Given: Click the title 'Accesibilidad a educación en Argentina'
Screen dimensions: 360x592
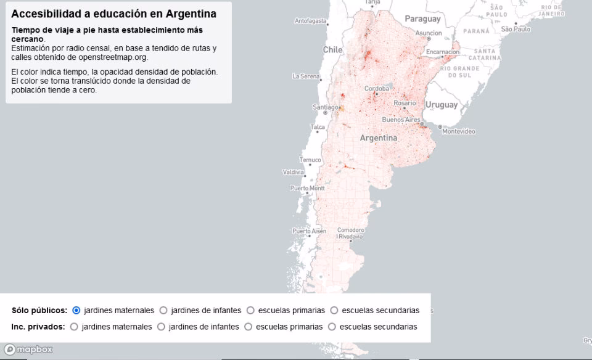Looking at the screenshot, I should tap(113, 14).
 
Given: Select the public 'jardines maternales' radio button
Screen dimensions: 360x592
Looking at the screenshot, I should tap(76, 310).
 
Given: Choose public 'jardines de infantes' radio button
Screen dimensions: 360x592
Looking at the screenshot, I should tap(163, 310).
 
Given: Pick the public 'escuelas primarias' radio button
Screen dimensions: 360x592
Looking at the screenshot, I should tap(250, 310).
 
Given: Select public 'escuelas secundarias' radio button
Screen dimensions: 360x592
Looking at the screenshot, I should tap(334, 310).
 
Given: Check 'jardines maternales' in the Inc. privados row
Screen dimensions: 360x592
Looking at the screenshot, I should tap(74, 327).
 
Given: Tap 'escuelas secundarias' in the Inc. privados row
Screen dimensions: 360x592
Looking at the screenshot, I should tap(332, 327).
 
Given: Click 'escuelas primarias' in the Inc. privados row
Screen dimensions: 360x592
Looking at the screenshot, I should tap(249, 327).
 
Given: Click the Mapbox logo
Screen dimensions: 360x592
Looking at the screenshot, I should tap(28, 350).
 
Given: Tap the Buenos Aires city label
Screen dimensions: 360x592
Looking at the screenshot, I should tap(401, 120).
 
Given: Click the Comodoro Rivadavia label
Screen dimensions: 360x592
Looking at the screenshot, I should tap(350, 233).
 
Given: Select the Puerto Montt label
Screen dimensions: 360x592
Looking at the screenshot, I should tap(307, 188).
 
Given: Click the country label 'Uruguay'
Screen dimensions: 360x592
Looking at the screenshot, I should tap(442, 105).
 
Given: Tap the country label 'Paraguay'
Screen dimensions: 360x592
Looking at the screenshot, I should tap(422, 19).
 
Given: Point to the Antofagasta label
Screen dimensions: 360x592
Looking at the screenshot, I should tap(310, 21).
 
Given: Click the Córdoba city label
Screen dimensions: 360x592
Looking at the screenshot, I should tap(377, 89).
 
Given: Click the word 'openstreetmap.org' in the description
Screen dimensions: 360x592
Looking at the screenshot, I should tap(113, 57).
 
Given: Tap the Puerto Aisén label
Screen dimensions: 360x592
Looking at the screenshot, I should tap(309, 231).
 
